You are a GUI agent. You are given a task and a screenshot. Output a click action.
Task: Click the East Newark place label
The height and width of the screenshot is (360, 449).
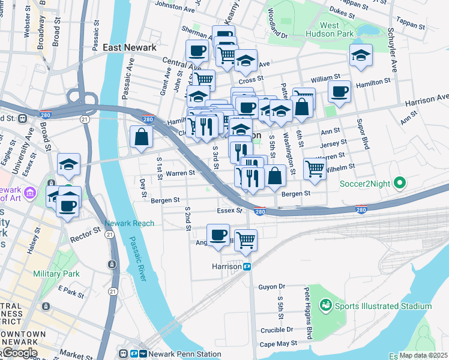pos(130,47)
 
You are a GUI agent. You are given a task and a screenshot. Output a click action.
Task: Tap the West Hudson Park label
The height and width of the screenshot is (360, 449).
pos(337,29)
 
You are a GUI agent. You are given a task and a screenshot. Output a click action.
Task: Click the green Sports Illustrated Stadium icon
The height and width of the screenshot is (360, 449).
pos(326,306)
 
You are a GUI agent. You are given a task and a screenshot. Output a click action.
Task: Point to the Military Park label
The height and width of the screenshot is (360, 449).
pos(56,274)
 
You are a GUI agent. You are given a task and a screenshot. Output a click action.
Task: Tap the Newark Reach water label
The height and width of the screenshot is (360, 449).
pos(129,223)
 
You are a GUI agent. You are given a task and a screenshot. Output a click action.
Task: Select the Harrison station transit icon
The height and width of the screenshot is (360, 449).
pos(247,266)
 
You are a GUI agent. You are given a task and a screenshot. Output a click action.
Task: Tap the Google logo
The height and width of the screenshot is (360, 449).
pos(19,353)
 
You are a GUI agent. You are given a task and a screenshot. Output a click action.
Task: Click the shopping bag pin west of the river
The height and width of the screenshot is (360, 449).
pos(140,136)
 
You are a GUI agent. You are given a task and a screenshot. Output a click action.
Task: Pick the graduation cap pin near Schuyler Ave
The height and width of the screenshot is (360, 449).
pos(360,55)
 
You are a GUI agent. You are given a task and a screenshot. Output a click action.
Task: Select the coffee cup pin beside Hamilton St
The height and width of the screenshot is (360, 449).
pos(340,92)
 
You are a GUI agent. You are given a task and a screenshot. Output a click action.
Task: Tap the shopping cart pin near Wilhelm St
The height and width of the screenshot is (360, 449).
pos(315,169)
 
